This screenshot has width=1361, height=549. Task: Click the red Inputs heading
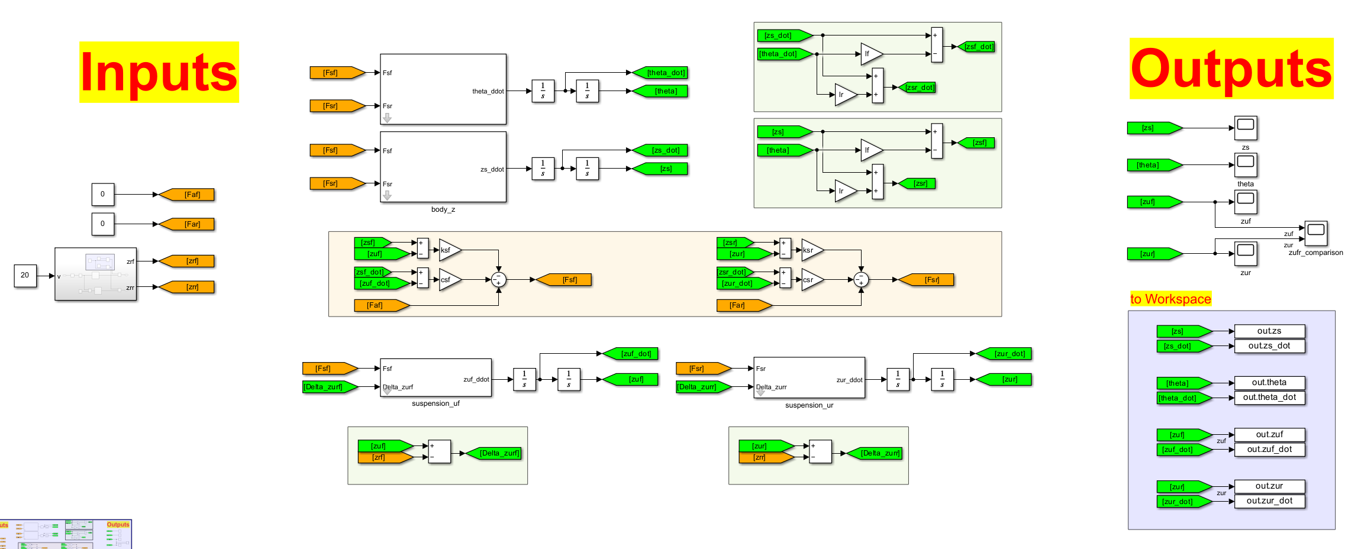pyautogui.click(x=159, y=72)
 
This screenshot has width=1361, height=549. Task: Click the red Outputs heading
pyautogui.click(x=1231, y=69)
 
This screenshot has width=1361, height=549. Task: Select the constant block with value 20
pyautogui.click(x=25, y=275)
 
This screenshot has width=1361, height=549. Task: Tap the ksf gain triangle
pyautogui.click(x=448, y=250)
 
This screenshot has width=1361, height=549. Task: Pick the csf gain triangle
pyautogui.click(x=448, y=280)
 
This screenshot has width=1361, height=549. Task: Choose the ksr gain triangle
pyautogui.click(x=811, y=250)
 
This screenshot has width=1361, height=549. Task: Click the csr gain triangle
pyautogui.click(x=811, y=280)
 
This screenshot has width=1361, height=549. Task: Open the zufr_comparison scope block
pyautogui.click(x=1316, y=233)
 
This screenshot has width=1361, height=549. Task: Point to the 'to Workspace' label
pyautogui.click(x=1170, y=299)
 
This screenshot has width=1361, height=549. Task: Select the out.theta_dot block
pyautogui.click(x=1269, y=398)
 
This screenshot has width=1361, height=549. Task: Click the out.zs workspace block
pyautogui.click(x=1269, y=331)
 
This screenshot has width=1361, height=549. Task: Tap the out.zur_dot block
pyautogui.click(x=1269, y=501)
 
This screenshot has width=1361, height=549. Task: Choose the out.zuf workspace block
pyautogui.click(x=1269, y=435)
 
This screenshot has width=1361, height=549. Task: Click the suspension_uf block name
pyautogui.click(x=436, y=403)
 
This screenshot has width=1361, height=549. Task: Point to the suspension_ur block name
pyautogui.click(x=809, y=405)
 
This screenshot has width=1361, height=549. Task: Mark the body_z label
pyautogui.click(x=443, y=209)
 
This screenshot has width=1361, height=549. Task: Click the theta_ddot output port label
pyautogui.click(x=488, y=91)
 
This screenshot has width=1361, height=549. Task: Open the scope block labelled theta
pyautogui.click(x=1246, y=164)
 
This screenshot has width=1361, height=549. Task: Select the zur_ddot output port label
pyautogui.click(x=849, y=380)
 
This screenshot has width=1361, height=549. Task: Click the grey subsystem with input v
pyautogui.click(x=96, y=274)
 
